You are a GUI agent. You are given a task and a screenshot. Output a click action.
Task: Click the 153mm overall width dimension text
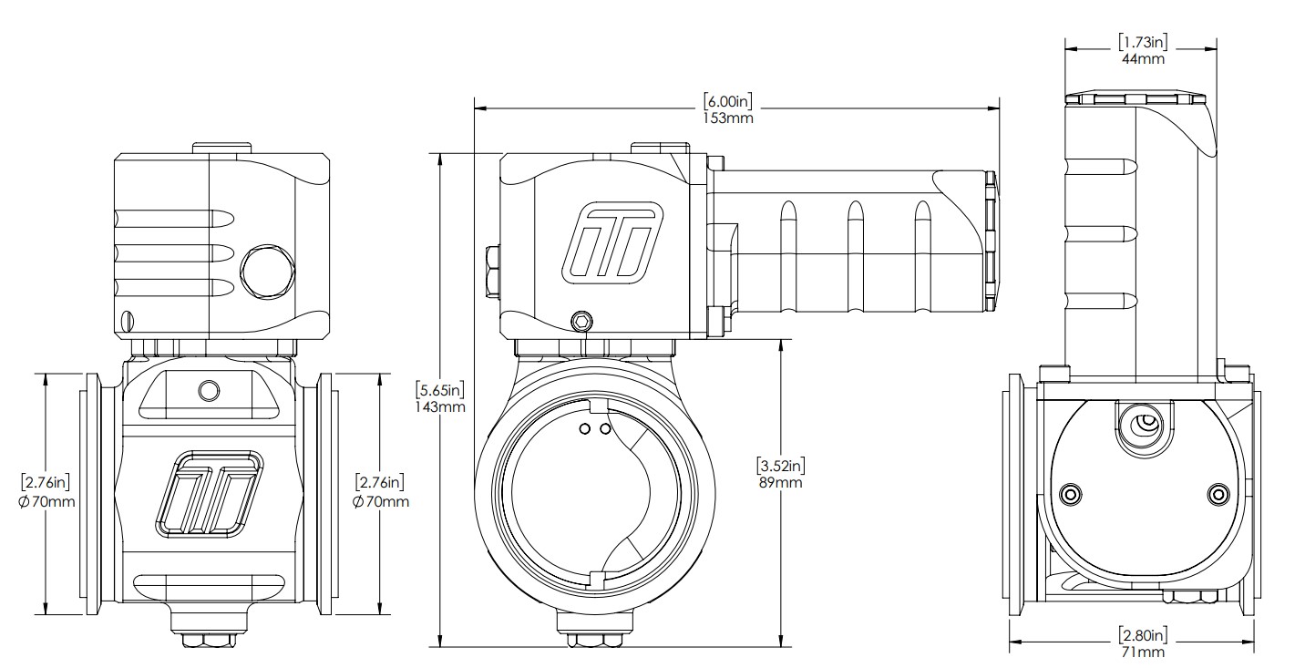coord(728,118)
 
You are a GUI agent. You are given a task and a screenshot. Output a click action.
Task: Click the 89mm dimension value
coord(779,482)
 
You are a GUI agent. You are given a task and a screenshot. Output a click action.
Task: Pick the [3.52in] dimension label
coord(779,465)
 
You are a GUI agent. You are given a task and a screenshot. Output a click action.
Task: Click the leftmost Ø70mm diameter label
coord(46,501)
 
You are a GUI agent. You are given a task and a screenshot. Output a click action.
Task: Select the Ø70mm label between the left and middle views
coord(380,501)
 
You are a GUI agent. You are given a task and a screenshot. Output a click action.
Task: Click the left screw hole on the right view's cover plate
coord(1071,494)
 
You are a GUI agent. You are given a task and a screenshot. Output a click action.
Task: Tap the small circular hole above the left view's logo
coord(209,391)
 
